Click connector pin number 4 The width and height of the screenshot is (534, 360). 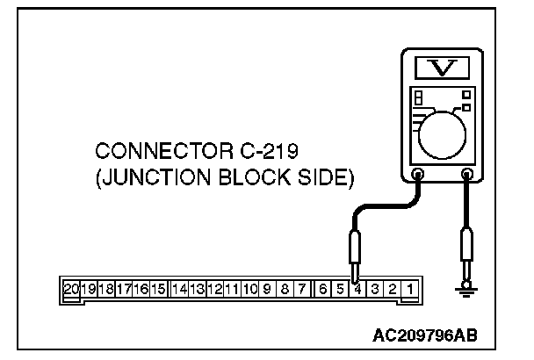click(357, 287)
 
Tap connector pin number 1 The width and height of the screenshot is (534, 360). click(409, 287)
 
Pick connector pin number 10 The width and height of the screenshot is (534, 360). click(250, 287)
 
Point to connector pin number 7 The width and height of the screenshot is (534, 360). click(301, 287)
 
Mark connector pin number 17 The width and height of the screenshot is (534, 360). click(124, 287)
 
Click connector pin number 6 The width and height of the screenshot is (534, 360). click(323, 287)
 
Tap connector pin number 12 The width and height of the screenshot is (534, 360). click(215, 287)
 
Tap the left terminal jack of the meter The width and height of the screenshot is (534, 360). click(419, 174)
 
